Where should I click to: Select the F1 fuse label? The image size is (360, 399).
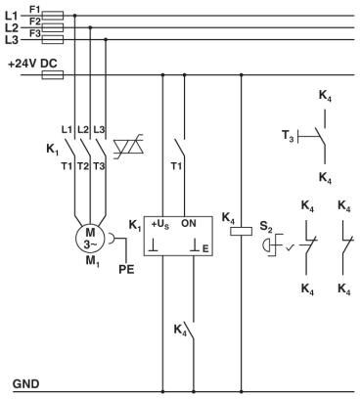[36, 9]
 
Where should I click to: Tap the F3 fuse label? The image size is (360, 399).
[36, 33]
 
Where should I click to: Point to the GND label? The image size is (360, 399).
[25, 383]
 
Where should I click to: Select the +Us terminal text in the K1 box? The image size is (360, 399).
[159, 223]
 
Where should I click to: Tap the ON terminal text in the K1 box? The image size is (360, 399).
[189, 223]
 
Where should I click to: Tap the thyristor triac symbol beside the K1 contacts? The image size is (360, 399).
[129, 148]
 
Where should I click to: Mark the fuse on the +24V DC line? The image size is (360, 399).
[54, 73]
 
